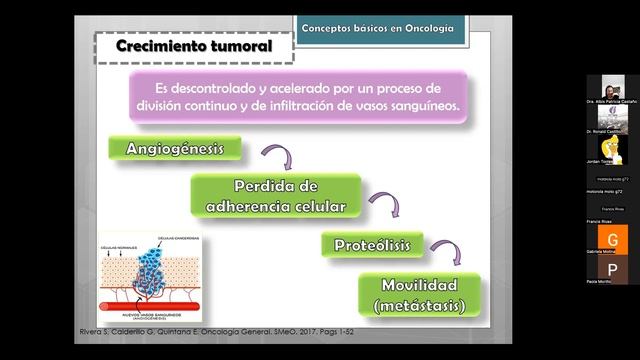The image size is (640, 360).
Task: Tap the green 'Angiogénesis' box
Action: [175, 149]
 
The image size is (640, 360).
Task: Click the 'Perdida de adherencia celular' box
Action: [275, 196]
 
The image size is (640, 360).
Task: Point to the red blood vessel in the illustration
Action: [150, 305]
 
